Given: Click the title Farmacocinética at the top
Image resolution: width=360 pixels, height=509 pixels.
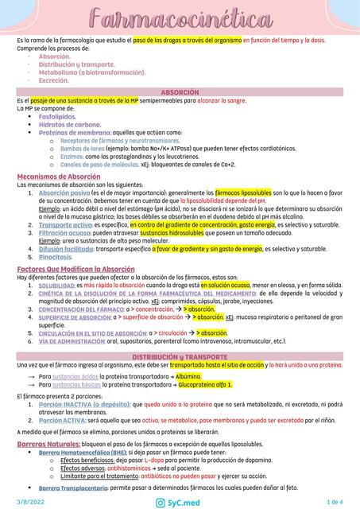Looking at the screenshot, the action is (x=180, y=18).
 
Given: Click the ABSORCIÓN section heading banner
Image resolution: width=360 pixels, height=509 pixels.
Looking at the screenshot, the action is (x=180, y=93).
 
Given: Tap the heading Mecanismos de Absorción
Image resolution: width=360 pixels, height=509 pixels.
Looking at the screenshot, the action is (x=59, y=176).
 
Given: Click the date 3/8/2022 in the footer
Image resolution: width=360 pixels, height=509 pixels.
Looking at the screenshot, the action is (x=29, y=501).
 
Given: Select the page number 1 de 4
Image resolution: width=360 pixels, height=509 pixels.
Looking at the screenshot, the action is (x=335, y=501).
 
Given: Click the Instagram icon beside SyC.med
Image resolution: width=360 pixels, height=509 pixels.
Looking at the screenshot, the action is (x=160, y=501).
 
